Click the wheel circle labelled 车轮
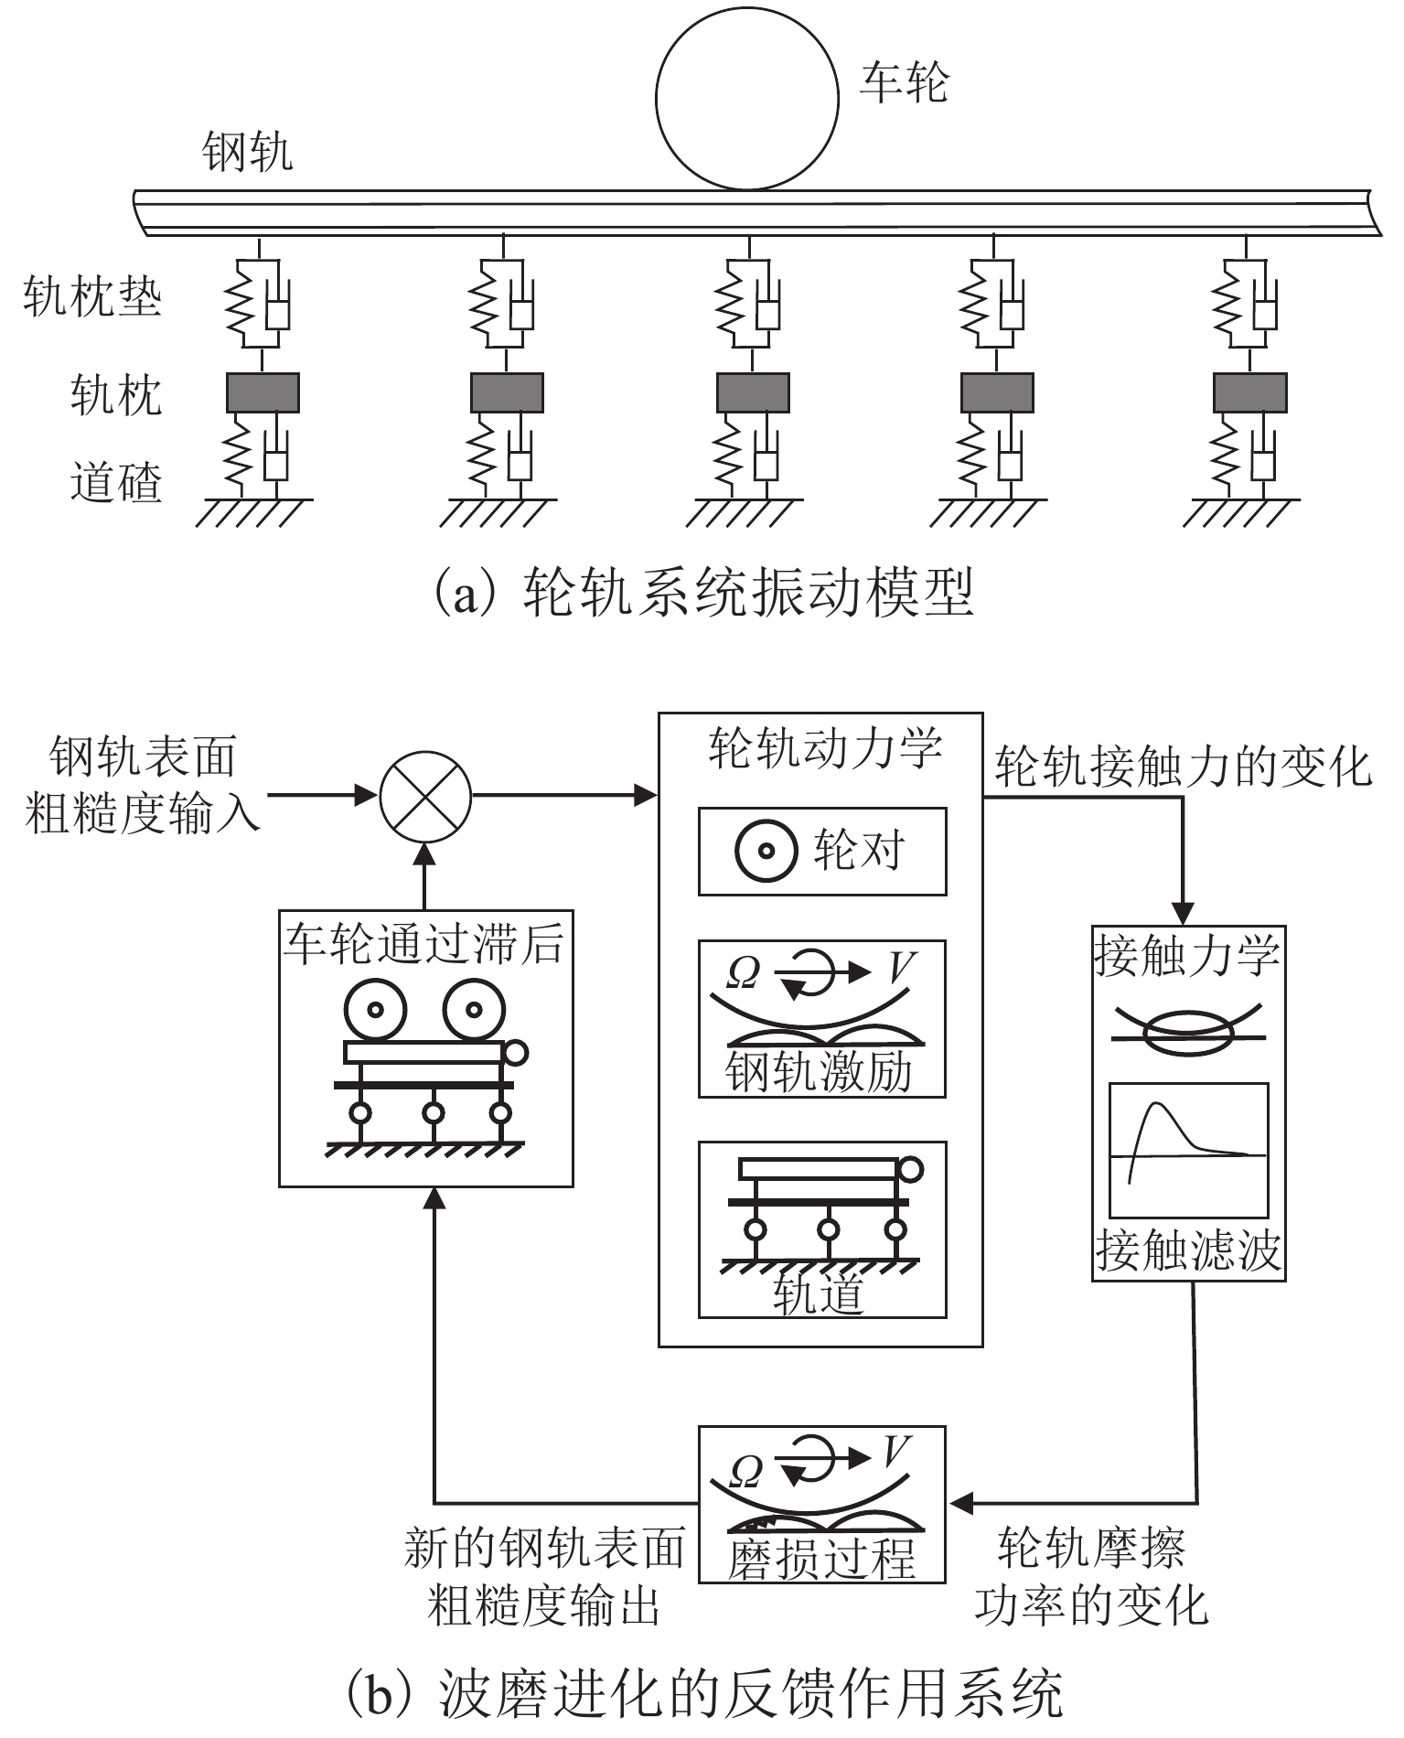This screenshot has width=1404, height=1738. pyautogui.click(x=746, y=99)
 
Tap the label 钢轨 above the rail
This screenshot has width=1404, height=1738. pyautogui.click(x=248, y=151)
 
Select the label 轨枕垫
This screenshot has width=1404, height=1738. pyautogui.click(x=92, y=297)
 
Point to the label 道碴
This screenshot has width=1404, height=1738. pyautogui.click(x=116, y=481)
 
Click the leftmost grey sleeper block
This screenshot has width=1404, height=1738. pyautogui.click(x=263, y=392)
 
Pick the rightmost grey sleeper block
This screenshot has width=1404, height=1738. pyautogui.click(x=1249, y=392)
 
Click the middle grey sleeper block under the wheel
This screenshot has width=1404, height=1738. pyautogui.click(x=752, y=392)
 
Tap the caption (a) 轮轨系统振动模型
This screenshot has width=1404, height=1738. pyautogui.click(x=702, y=593)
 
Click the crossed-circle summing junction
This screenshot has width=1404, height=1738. pyautogui.click(x=425, y=797)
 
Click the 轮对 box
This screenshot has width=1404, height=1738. pyautogui.click(x=821, y=852)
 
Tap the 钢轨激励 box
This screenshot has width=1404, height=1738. pyautogui.click(x=821, y=1018)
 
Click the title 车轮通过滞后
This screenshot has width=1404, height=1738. pyautogui.click(x=424, y=944)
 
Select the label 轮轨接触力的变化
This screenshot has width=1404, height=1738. pyautogui.click(x=1184, y=767)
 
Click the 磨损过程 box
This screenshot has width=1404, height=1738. pyautogui.click(x=821, y=1505)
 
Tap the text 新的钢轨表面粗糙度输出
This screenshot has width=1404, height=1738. pyautogui.click(x=545, y=1575)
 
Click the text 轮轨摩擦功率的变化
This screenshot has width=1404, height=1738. pyautogui.click(x=1091, y=1575)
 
